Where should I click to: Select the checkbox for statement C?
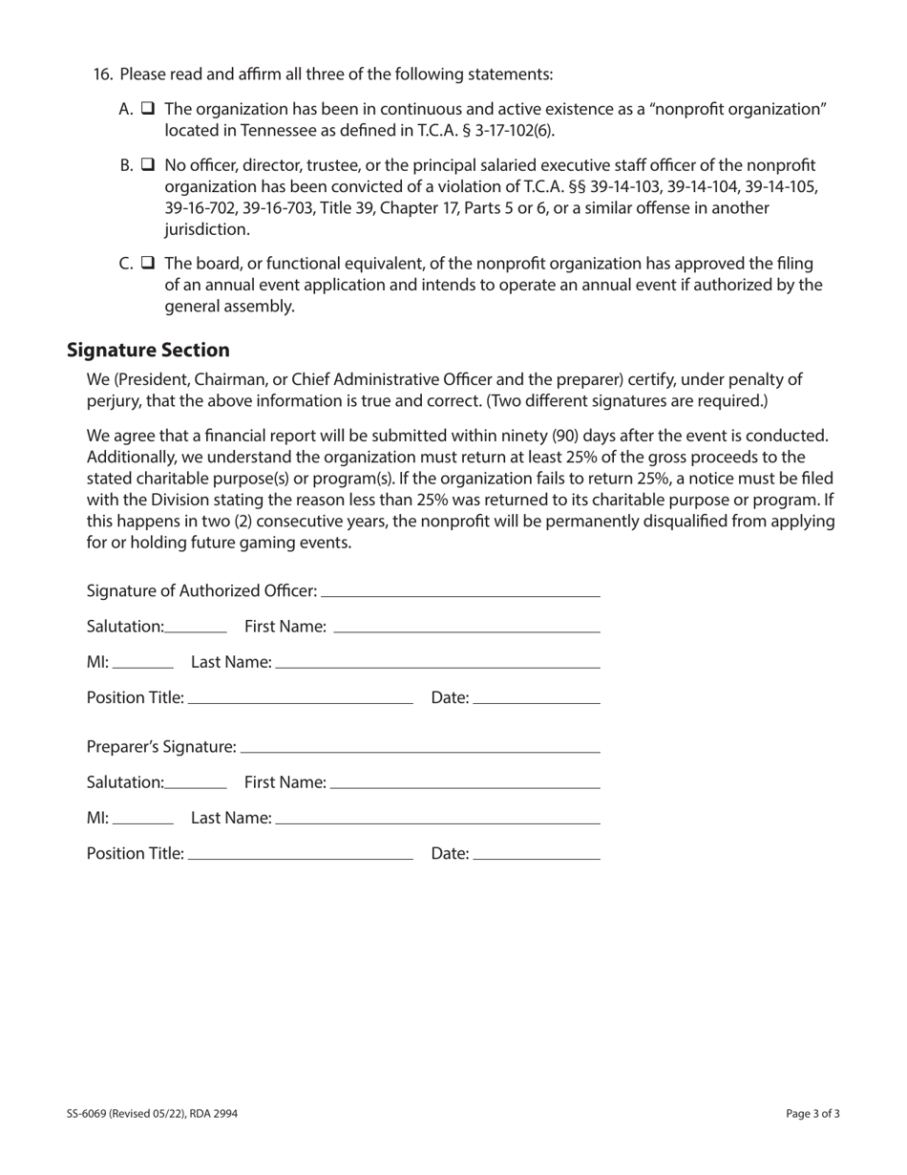[x=148, y=263]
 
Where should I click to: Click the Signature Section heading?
[x=148, y=350]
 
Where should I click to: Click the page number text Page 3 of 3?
[x=812, y=1113]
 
